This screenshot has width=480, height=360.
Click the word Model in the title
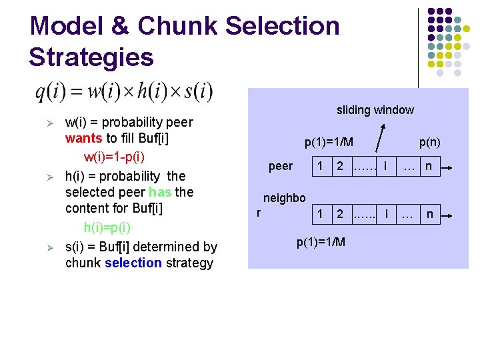[x=63, y=26]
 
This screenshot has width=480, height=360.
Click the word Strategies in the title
[x=91, y=57]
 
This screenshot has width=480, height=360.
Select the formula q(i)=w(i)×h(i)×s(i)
[x=124, y=91]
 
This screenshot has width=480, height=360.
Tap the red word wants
[x=83, y=140]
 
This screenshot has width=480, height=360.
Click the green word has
[x=159, y=193]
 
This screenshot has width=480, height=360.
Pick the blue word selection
[x=133, y=263]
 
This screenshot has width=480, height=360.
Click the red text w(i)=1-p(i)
[x=123, y=158]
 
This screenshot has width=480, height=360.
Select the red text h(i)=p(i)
[x=107, y=227]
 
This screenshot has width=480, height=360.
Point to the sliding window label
[x=375, y=110]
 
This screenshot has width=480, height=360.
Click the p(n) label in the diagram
[x=429, y=142]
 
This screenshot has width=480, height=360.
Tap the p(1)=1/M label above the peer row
[x=329, y=142]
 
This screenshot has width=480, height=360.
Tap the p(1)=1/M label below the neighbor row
[x=321, y=241]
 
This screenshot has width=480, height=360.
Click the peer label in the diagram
[x=280, y=166]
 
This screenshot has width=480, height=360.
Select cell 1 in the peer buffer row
[x=321, y=165]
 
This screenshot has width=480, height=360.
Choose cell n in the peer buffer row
[x=429, y=165]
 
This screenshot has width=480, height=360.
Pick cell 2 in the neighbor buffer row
[x=340, y=215]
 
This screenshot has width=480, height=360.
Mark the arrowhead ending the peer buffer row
[x=451, y=166]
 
